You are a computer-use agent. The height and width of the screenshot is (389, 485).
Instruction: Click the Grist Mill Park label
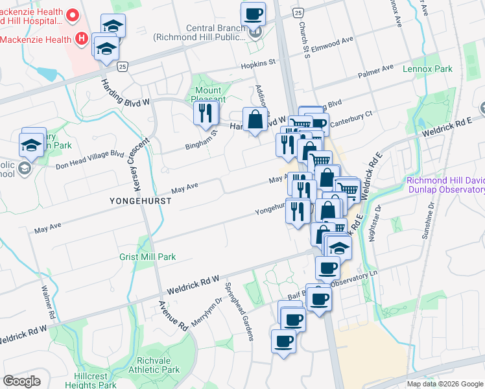point(147,257)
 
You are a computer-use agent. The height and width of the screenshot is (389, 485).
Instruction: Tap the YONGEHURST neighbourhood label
point(140,202)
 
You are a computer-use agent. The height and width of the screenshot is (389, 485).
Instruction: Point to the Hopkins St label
point(258,64)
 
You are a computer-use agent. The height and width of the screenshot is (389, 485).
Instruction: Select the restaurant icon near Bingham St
point(206,114)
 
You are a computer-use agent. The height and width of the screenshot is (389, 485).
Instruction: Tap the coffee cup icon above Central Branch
point(254,14)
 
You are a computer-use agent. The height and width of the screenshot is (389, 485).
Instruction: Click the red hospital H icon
point(82,39)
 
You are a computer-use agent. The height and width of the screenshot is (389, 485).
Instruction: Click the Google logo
point(22,381)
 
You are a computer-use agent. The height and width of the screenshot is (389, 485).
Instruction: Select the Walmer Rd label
point(46,302)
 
